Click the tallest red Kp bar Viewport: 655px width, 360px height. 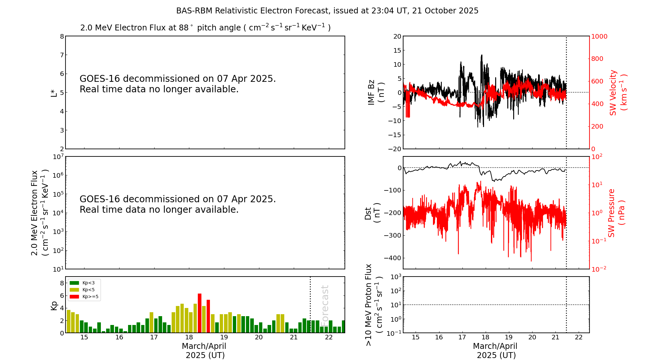(x=199, y=313)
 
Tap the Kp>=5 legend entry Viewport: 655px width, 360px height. (x=84, y=297)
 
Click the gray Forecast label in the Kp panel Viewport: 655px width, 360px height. (x=325, y=304)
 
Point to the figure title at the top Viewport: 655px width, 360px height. (x=327, y=11)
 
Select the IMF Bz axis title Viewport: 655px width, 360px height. (x=376, y=92)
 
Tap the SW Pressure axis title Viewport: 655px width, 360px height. (x=616, y=213)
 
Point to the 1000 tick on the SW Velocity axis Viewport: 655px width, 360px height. (x=599, y=36)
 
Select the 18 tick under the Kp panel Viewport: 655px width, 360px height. (x=189, y=337)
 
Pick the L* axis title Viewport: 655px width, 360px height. (x=54, y=92)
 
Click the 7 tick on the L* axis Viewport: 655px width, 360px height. (x=62, y=55)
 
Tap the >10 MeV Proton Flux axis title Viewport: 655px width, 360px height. (x=373, y=305)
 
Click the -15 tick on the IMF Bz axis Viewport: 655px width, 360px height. (x=395, y=135)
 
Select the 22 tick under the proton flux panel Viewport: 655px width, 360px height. (x=579, y=337)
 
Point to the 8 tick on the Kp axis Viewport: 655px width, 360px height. (x=62, y=283)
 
